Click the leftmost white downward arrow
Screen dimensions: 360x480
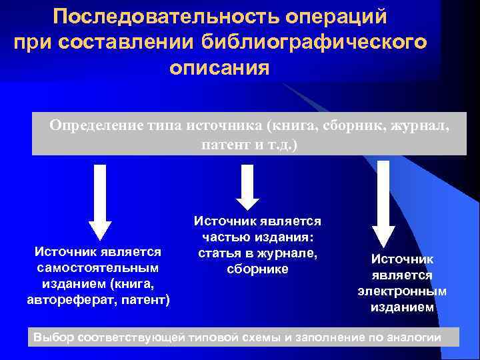tap(100, 200)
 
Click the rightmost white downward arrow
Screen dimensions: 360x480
tap(384, 203)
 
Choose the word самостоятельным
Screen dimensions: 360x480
tap(98, 267)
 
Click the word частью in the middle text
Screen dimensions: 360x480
tap(225, 237)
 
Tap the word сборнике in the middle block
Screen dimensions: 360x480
tap(257, 269)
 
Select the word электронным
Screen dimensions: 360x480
tap(402, 291)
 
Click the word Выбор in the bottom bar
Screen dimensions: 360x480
tap(54, 337)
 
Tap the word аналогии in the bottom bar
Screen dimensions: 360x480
tap(415, 337)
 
